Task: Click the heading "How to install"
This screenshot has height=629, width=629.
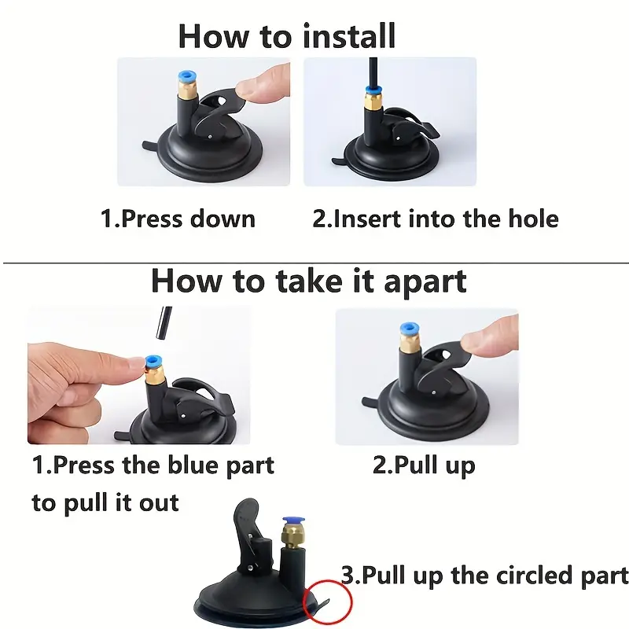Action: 287,36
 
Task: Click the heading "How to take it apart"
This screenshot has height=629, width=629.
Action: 309,282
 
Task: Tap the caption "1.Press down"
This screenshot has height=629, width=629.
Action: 178,219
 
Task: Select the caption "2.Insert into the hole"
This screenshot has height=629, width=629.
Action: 436,219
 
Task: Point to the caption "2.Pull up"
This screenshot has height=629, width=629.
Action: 424,466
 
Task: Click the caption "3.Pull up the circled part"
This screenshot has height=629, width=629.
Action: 484,576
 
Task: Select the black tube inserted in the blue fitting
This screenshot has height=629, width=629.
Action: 373,72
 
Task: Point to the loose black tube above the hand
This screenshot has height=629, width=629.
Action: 164,324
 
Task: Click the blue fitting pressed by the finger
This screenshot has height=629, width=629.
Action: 152,362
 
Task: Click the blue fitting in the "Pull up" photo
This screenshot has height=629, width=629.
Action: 410,329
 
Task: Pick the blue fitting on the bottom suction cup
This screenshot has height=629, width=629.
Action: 293,523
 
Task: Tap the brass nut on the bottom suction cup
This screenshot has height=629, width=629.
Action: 292,539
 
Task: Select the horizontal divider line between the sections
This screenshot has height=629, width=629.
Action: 316,263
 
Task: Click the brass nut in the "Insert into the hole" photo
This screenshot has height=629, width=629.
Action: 373,101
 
